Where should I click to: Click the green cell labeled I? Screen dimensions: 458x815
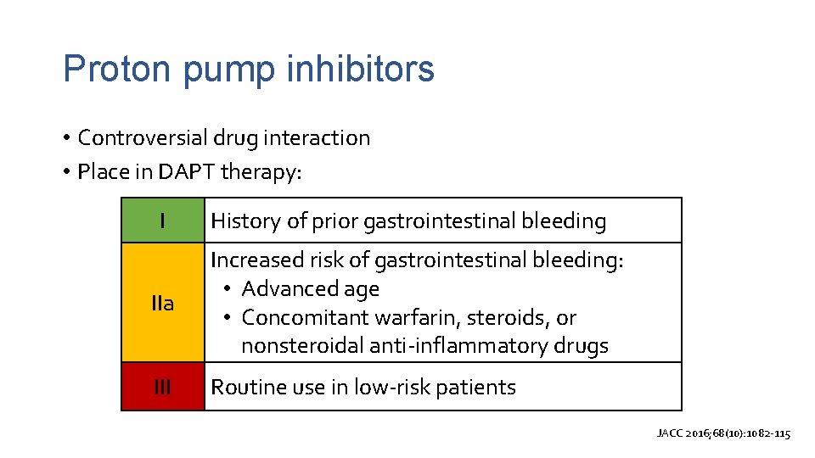tap(163, 221)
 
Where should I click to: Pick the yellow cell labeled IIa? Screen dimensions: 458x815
tap(163, 303)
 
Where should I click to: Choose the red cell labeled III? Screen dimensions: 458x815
tap(163, 388)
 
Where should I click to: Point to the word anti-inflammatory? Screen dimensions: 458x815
tap(459, 346)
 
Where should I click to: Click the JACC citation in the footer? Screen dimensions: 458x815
tap(723, 433)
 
